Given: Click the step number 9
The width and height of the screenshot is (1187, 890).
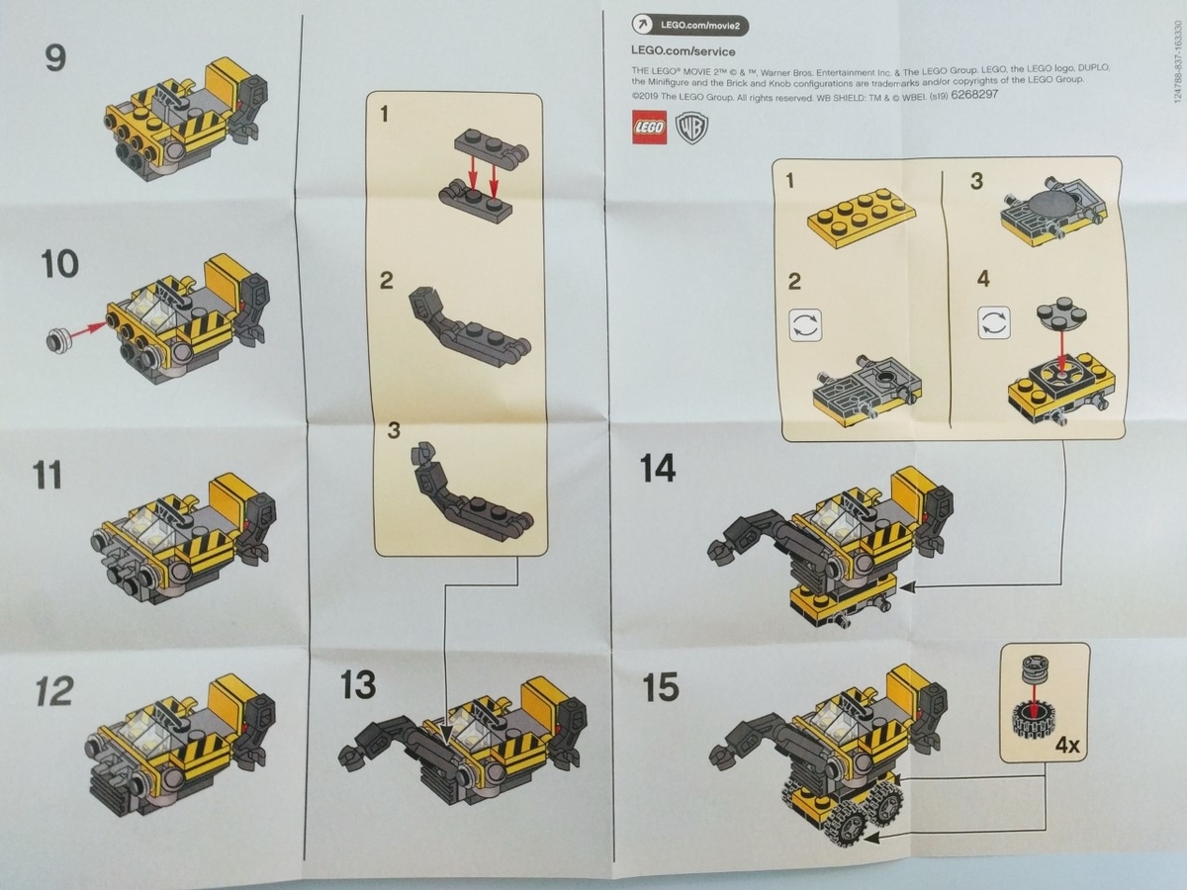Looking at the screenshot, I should coord(55,57).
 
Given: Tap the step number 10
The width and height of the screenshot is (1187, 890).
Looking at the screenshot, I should coord(59,265).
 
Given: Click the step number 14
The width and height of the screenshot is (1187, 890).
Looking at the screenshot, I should coord(658,468).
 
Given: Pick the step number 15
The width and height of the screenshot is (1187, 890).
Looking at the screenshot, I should coord(660,687).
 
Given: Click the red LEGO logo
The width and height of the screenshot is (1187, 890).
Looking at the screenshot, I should coord(648,127).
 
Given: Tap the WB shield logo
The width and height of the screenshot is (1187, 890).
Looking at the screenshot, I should coord(690,128).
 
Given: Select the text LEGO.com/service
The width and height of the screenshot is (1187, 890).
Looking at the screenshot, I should coord(682,50).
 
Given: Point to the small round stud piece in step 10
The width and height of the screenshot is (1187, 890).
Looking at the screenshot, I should coord(57,341).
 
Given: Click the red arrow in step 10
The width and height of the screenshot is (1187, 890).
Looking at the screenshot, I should coord(89,331).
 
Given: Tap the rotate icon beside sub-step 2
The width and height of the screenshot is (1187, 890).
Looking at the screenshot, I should coord(804,325).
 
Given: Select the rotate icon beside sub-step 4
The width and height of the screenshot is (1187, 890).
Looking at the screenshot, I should coord(992,322).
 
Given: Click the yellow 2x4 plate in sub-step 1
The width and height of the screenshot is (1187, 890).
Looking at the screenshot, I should coord(860,217).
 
